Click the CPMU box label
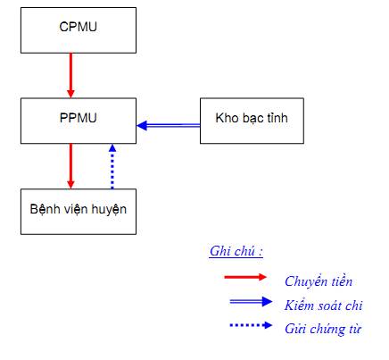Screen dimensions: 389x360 (79, 27)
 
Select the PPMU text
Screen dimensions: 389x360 (79, 118)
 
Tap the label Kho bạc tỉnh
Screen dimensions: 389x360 (252, 118)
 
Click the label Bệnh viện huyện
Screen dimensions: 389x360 (79, 209)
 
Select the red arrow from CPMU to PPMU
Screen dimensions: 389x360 (70, 75)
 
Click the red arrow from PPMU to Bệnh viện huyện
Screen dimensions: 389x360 (70, 166)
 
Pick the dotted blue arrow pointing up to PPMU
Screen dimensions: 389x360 (112, 166)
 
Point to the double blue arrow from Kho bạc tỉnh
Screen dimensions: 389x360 (169, 125)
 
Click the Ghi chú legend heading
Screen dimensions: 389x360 (236, 251)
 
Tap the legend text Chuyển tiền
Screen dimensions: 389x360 (319, 281)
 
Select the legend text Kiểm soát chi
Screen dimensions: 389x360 (324, 306)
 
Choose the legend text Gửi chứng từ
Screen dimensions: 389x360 (323, 329)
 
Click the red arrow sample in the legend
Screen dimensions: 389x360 (245, 277)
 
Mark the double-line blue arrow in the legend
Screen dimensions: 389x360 (251, 302)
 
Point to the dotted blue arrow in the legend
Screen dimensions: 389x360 (251, 325)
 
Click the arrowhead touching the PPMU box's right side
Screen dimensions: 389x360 (142, 125)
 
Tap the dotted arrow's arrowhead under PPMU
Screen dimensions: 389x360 (112, 148)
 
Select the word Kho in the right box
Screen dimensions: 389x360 (227, 118)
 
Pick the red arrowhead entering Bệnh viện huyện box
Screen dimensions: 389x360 (70, 184)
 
